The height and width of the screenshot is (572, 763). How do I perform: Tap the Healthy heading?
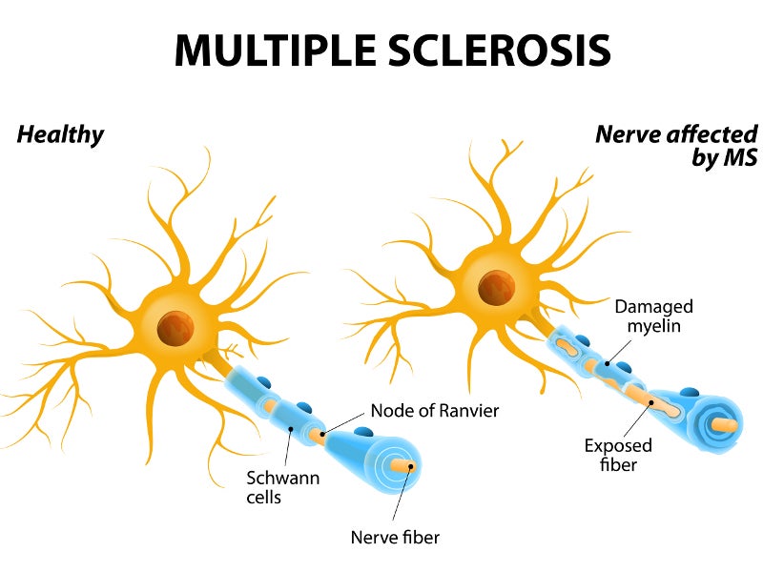[x=60, y=134]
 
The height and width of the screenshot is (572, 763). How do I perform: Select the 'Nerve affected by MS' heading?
[x=675, y=145]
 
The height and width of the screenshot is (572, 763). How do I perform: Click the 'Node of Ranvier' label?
[x=434, y=411]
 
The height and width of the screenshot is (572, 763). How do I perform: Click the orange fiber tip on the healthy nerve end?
[x=411, y=464]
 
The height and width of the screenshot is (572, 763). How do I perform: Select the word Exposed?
[x=618, y=445]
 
